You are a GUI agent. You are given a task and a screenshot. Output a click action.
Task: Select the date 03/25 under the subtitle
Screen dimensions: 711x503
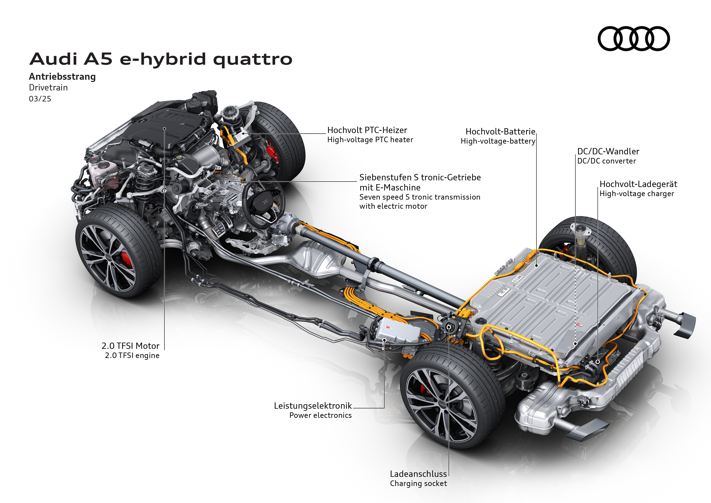40,99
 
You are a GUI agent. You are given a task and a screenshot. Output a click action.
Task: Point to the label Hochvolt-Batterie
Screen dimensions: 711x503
500,132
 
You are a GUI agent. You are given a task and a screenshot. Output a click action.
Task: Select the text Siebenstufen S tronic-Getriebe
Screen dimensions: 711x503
420,177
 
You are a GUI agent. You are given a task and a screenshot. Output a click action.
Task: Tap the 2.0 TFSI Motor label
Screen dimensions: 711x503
130,346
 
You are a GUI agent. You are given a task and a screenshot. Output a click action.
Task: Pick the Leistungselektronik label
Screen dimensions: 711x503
313,406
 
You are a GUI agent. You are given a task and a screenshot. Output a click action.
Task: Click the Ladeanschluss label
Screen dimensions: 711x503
418,474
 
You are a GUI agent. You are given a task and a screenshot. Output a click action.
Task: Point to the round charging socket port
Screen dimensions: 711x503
449,327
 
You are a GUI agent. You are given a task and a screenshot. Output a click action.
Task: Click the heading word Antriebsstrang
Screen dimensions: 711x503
62,76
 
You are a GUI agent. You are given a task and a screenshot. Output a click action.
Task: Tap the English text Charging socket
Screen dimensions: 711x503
418,484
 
